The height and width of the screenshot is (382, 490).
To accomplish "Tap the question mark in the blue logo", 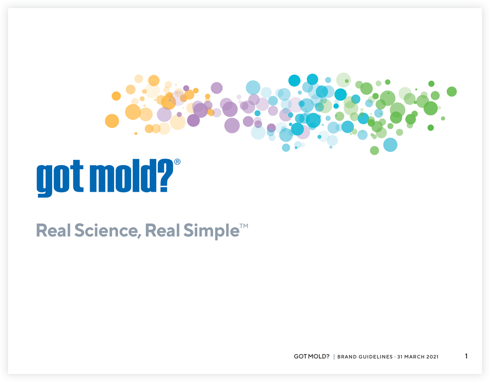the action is [166, 176].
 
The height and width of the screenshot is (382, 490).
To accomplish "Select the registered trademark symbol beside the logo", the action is [177, 162].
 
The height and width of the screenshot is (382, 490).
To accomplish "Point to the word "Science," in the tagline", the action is [106, 231].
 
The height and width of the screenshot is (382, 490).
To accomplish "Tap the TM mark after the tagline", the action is [244, 226].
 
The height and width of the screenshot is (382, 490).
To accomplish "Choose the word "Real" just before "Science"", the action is [54, 231].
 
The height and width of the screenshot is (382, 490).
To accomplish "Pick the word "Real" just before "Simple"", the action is [163, 231].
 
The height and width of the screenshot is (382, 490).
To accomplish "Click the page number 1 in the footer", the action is [466, 356].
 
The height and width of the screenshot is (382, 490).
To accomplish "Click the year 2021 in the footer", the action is [433, 357].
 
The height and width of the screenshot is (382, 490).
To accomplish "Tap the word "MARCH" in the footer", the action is [414, 357].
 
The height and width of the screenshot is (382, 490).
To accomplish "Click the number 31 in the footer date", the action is [399, 357].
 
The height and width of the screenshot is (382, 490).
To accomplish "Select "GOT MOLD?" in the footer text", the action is [311, 356].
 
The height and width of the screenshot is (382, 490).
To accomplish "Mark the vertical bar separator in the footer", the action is [334, 357].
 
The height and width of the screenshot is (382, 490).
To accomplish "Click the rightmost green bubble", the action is [452, 91].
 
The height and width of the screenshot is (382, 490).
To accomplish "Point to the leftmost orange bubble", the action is [112, 121].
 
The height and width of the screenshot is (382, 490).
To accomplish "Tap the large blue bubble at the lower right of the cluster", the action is [390, 145].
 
